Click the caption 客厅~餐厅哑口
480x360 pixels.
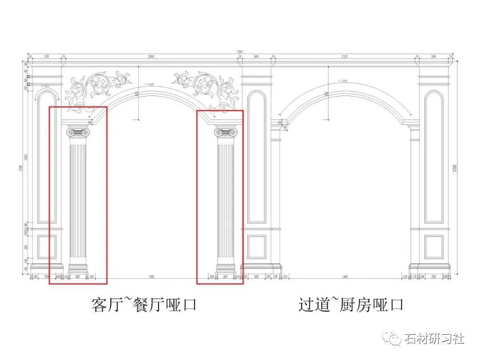click(x=144, y=305)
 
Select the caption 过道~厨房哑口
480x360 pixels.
click(x=351, y=305)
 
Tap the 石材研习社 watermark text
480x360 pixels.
click(x=434, y=339)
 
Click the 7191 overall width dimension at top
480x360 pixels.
click(x=240, y=52)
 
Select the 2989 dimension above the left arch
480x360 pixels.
click(x=151, y=57)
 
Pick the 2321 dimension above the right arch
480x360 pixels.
click(x=344, y=57)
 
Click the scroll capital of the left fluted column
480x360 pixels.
click(x=78, y=132)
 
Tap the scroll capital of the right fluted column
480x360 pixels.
click(x=226, y=132)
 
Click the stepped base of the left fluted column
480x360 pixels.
click(x=78, y=268)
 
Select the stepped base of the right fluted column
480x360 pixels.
click(x=226, y=268)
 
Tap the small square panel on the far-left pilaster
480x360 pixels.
click(x=46, y=247)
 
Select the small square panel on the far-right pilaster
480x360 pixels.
click(x=434, y=247)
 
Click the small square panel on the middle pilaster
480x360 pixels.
click(x=256, y=247)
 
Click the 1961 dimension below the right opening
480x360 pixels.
click(x=345, y=277)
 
